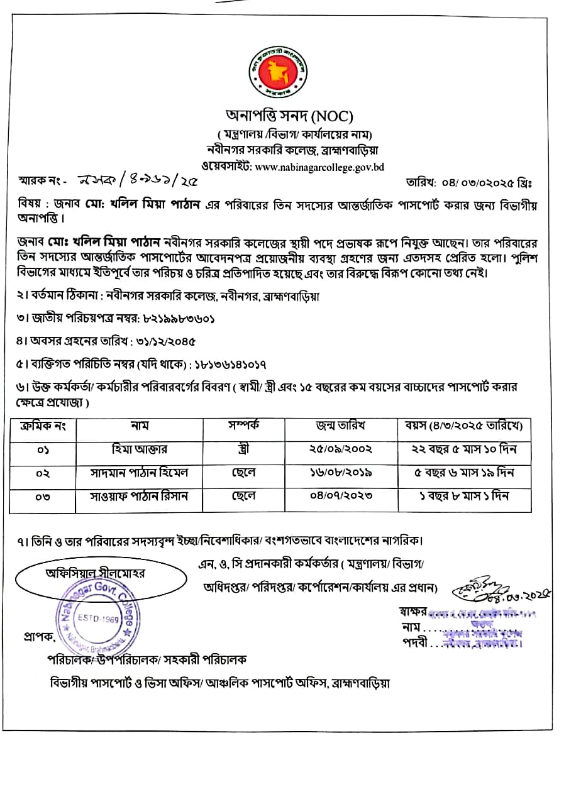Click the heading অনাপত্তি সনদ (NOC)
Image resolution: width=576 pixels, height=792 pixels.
click(x=290, y=116)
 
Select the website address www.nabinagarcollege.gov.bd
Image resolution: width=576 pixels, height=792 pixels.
click(x=320, y=167)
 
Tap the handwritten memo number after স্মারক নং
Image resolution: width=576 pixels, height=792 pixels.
click(x=136, y=182)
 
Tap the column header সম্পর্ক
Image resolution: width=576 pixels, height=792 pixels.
click(x=243, y=426)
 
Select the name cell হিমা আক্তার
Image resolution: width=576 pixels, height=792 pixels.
click(x=139, y=450)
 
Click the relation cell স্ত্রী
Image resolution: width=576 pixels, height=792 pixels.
click(x=243, y=450)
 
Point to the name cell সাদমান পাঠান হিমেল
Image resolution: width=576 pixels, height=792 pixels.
click(x=139, y=473)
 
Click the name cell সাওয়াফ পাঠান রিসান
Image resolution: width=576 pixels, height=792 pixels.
click(x=139, y=496)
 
